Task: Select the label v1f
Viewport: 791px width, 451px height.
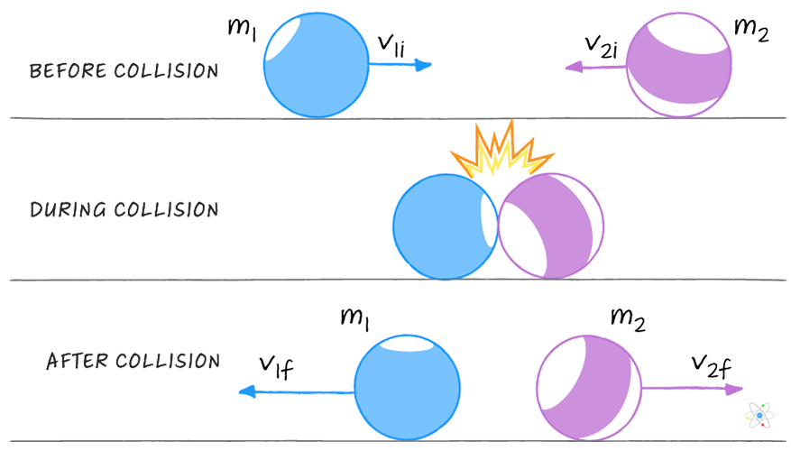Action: coord(276,366)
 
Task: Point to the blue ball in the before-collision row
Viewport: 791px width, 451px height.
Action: coord(316,65)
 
